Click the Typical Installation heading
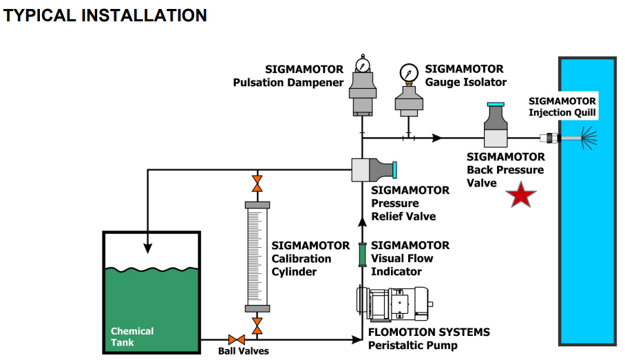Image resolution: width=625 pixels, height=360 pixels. [x=105, y=15]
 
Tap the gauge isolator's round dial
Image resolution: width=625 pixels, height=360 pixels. [x=408, y=72]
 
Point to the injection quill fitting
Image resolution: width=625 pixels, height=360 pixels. [x=548, y=138]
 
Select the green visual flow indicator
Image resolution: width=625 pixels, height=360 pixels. [x=362, y=254]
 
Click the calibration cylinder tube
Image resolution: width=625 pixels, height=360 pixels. [x=257, y=256]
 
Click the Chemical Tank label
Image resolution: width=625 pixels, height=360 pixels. [x=132, y=337]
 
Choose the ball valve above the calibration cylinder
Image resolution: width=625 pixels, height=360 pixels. [x=257, y=184]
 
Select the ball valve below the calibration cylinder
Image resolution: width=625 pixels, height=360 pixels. [x=257, y=325]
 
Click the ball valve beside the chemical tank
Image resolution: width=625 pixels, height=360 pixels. [x=237, y=339]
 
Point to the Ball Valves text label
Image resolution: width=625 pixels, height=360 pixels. [x=243, y=351]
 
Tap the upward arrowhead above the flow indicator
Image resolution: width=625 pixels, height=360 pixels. [x=362, y=222]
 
